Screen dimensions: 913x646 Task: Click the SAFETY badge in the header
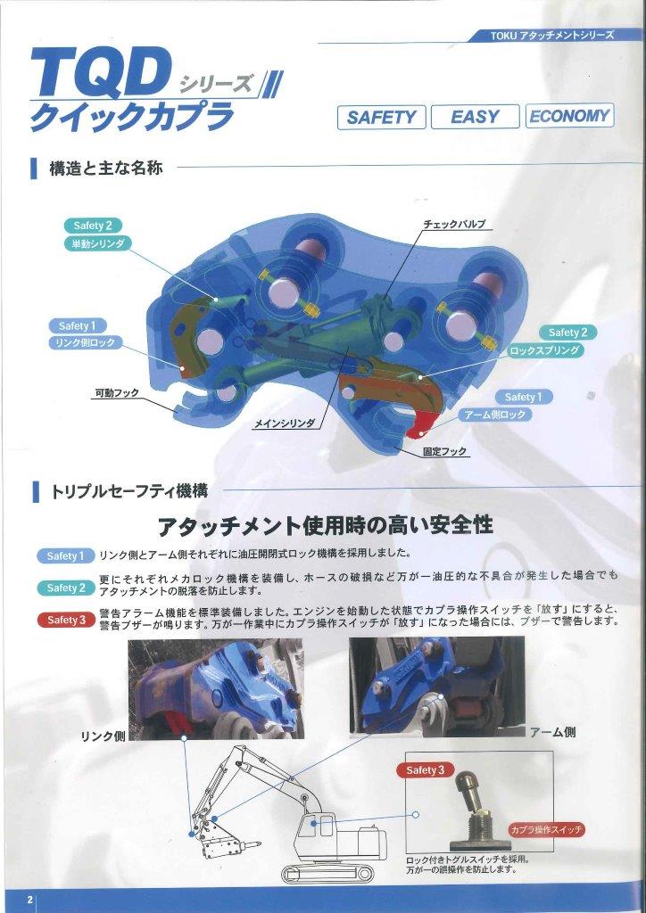(x=381, y=118)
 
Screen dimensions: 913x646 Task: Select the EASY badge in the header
(x=475, y=118)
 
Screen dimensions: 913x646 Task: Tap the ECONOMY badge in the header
(x=568, y=116)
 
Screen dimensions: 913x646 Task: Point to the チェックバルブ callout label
(x=455, y=225)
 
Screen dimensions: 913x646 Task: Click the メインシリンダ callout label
(x=285, y=424)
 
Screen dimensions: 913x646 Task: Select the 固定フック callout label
(x=446, y=452)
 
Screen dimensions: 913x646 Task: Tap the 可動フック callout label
(x=117, y=392)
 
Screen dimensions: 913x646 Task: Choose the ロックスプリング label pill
(x=545, y=351)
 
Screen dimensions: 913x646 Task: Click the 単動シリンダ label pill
(x=97, y=243)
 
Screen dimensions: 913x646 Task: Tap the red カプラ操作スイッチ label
(x=547, y=829)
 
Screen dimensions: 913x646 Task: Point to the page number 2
(x=29, y=900)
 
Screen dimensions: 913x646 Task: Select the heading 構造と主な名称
(x=105, y=168)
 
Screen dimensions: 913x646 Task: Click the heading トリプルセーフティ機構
(x=129, y=490)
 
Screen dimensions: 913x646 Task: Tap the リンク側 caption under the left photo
(x=101, y=736)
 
